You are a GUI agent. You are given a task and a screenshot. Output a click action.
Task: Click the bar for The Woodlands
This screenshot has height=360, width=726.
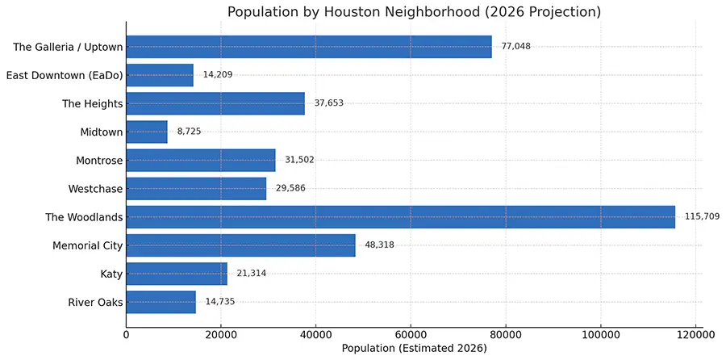click(x=400, y=217)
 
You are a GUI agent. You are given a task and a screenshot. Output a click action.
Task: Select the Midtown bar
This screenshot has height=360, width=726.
click(x=147, y=132)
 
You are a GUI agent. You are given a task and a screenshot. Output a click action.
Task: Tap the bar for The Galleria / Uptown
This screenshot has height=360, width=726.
click(x=309, y=47)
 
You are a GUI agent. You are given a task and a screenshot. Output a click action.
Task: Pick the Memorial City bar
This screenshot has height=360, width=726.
click(x=240, y=245)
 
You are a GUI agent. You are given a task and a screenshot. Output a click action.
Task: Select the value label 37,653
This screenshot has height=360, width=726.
click(x=329, y=103)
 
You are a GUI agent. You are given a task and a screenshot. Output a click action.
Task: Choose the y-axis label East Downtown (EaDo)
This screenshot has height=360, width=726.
click(x=65, y=75)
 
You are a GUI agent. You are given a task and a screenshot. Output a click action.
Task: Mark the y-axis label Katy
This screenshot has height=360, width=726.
click(x=110, y=274)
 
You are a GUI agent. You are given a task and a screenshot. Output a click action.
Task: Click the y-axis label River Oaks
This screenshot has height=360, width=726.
click(x=96, y=302)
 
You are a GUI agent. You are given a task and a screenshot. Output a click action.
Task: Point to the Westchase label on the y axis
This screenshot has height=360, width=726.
click(x=96, y=189)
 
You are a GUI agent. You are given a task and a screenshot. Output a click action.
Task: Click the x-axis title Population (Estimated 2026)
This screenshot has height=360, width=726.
click(x=414, y=349)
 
